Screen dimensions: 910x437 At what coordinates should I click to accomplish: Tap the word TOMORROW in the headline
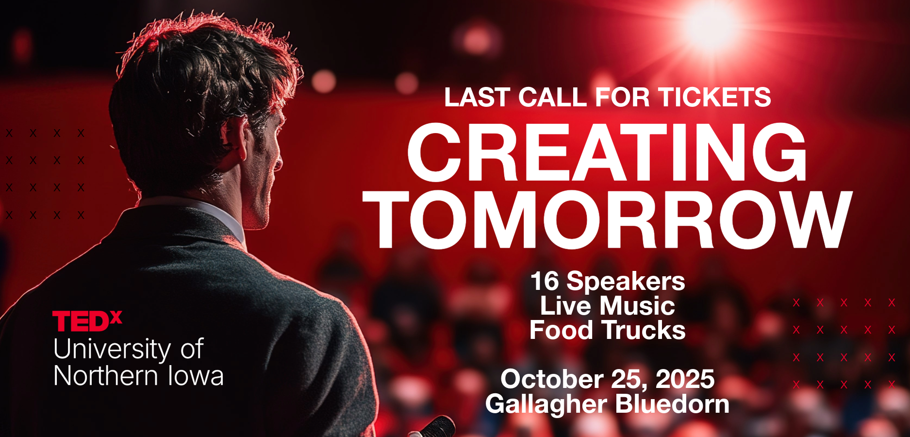coord(608,219)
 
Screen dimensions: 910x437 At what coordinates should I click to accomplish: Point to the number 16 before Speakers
coord(545,282)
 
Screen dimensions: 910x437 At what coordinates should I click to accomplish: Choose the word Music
coord(637,306)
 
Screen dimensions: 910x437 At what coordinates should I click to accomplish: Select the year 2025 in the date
coord(685,379)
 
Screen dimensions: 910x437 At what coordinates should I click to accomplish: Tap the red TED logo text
coord(81,321)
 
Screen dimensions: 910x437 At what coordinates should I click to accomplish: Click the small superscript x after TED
coord(116,317)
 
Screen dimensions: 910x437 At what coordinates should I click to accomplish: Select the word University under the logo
coord(112,350)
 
